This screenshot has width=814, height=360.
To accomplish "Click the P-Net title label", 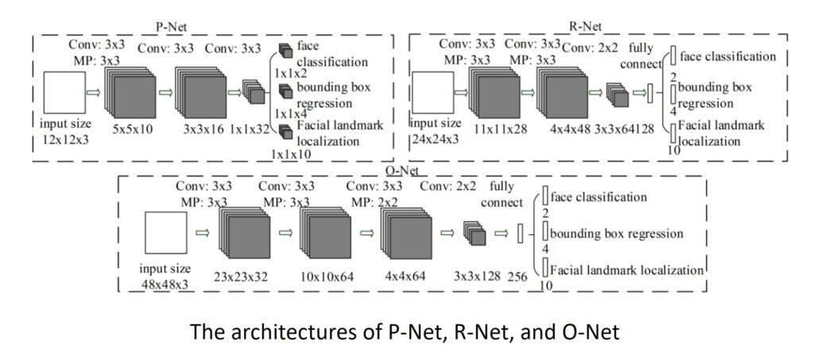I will [171, 26].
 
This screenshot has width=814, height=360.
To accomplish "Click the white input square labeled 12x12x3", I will [64, 91].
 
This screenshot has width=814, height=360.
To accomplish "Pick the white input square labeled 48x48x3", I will [165, 234].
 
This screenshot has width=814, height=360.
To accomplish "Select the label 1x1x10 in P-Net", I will [292, 154].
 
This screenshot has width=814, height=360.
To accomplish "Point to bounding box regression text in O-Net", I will [616, 234].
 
